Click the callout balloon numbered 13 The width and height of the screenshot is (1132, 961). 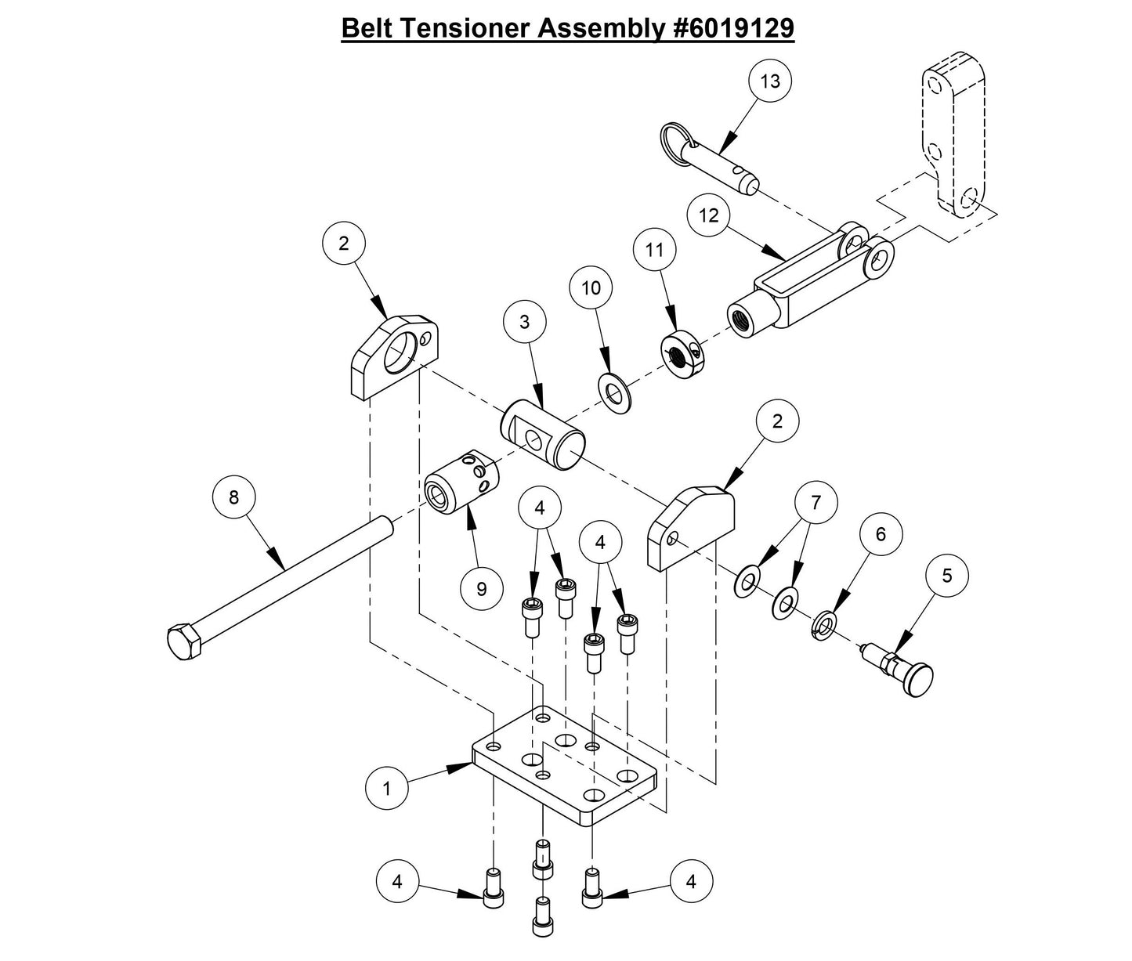pyautogui.click(x=770, y=81)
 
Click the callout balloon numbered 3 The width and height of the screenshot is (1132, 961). pyautogui.click(x=524, y=321)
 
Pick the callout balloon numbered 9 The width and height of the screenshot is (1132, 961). pyautogui.click(x=482, y=587)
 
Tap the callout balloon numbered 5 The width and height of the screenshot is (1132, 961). pyautogui.click(x=946, y=576)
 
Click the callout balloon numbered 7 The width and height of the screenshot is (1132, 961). pyautogui.click(x=816, y=502)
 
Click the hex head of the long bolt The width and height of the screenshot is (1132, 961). pyautogui.click(x=185, y=642)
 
